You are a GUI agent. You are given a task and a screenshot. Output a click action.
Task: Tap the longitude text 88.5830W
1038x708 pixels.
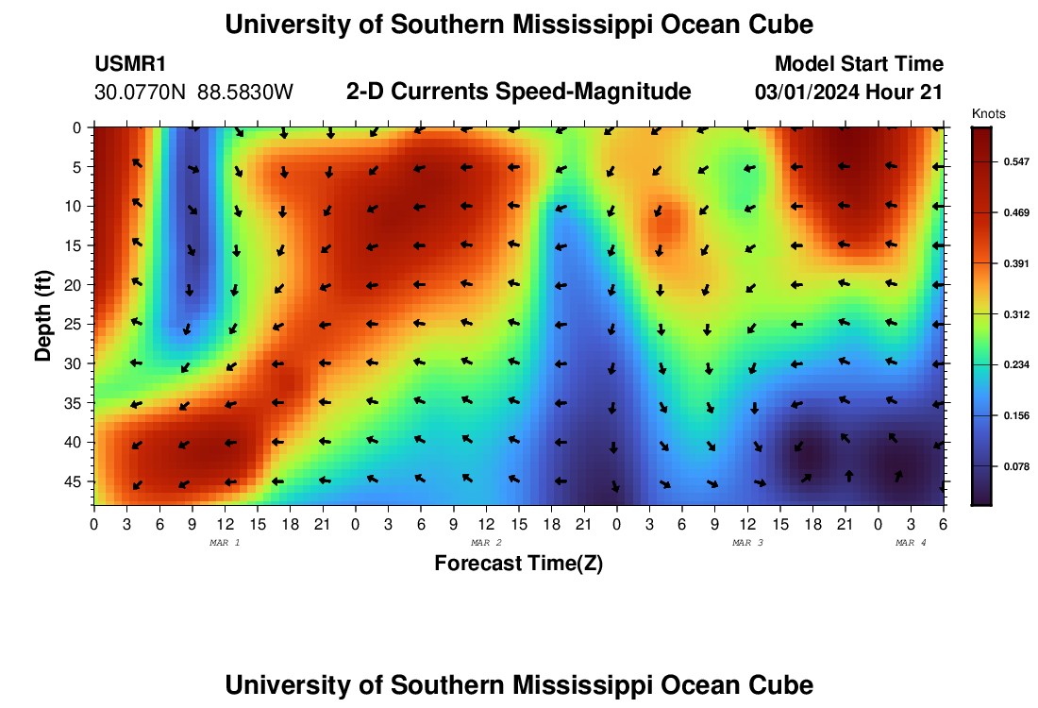click(245, 93)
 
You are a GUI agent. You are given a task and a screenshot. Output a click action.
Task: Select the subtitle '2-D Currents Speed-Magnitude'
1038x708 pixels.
click(519, 92)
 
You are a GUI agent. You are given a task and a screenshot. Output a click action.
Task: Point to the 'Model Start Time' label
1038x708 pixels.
click(859, 64)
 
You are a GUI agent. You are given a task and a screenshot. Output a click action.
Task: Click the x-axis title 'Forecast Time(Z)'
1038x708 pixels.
click(518, 564)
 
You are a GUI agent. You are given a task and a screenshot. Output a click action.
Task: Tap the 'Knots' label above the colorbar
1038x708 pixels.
click(988, 113)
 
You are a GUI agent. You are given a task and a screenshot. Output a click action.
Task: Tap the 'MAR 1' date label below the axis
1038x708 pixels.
click(224, 543)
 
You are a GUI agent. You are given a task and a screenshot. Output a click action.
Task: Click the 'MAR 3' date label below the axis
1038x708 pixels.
click(747, 543)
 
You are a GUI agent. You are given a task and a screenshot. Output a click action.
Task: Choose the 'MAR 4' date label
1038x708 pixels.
click(911, 543)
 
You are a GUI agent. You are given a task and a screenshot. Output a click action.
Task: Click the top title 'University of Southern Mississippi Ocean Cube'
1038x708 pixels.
click(518, 25)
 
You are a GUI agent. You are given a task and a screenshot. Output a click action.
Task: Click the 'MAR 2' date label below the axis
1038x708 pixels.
click(486, 543)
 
